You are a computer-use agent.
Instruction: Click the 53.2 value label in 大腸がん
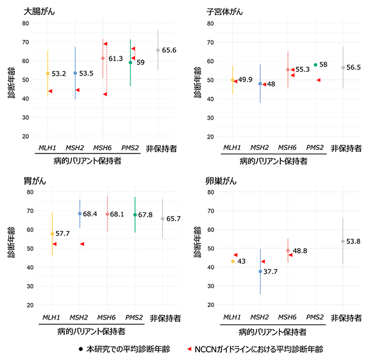60,74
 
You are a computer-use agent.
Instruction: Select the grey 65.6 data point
158,50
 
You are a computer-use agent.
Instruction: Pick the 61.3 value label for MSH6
115,58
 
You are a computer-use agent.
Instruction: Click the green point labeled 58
315,65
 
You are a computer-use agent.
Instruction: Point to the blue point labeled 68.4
80,214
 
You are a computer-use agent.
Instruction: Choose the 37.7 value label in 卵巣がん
271,271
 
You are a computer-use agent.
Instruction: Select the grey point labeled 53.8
343,241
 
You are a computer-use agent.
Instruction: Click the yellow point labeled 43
233,261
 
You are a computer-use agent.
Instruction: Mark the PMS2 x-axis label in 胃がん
135,317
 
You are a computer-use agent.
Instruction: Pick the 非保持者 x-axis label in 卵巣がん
346,317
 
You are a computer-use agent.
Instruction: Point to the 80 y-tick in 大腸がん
26,23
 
